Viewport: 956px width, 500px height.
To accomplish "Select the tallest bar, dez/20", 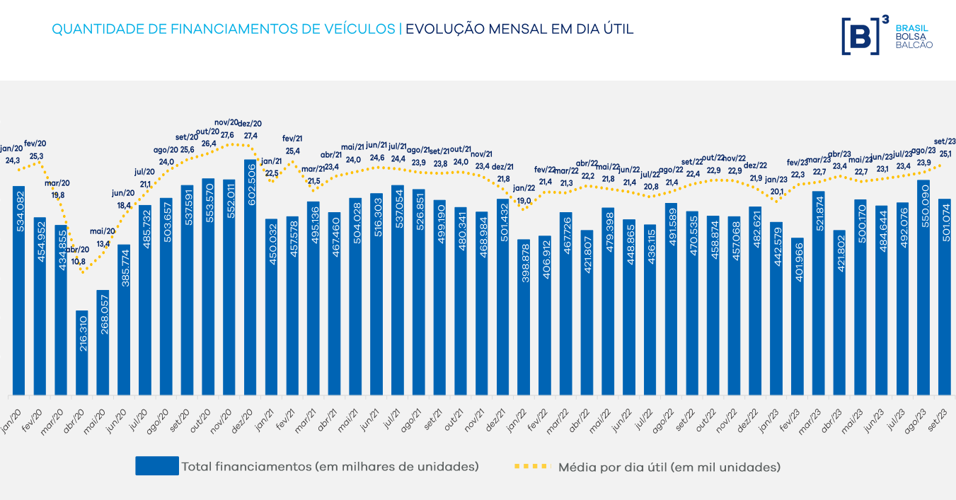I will click(250, 277).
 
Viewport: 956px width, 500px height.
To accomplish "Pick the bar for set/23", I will click(945, 296).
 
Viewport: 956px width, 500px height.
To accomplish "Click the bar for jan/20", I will click(18, 290).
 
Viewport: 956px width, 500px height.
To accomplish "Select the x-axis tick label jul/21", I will click(393, 411).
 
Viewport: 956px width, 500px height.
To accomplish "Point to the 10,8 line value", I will click(79, 261).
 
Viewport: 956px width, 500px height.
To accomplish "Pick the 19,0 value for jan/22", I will click(524, 201).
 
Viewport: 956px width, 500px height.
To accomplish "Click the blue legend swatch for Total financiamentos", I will click(157, 466).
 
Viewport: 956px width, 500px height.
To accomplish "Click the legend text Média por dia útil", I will click(669, 467).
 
